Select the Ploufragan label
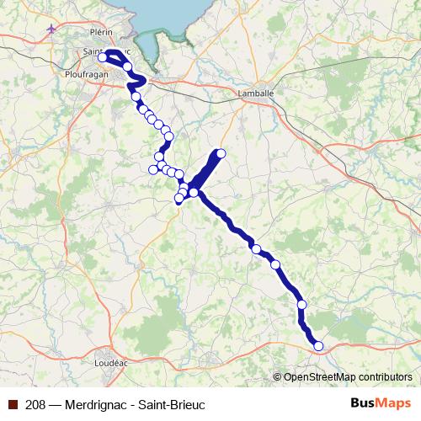pos(87,73)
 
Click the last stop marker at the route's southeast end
pos(318,345)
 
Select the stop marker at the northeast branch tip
pos(221,153)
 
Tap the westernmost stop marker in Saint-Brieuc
pos(103,58)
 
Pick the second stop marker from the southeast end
pos(301,305)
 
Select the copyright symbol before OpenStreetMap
pos(278,377)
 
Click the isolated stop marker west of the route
pos(153,169)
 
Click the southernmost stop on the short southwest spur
pos(179,199)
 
